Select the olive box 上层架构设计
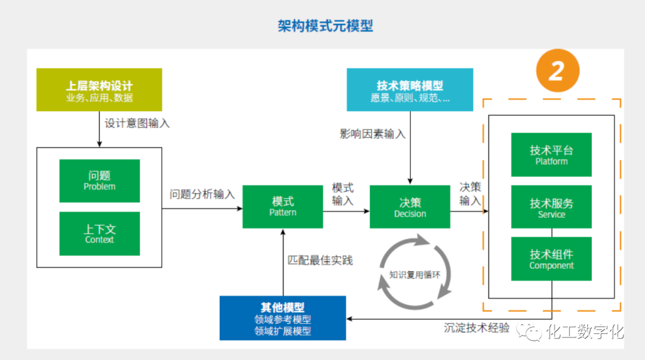(99, 90)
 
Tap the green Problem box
(100, 180)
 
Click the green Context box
(100, 233)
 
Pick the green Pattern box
(282, 207)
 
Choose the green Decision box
(410, 207)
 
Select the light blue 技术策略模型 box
(410, 90)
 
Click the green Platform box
(551, 155)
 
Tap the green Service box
(551, 207)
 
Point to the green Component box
(551, 259)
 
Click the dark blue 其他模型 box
(282, 318)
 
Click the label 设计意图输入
(137, 124)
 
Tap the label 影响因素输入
(373, 134)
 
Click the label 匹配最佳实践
(320, 260)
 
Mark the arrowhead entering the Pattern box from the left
(239, 208)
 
